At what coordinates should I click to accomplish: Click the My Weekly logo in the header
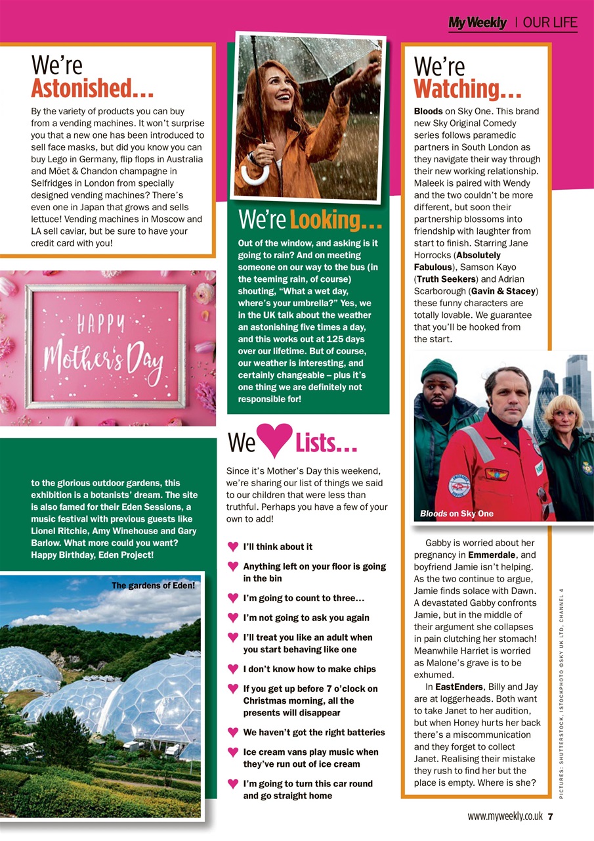477,23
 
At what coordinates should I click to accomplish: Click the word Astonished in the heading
92,88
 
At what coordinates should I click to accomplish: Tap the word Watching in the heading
467,88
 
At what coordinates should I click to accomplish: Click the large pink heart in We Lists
274,441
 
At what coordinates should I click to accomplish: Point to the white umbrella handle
255,175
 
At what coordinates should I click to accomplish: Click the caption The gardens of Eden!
154,585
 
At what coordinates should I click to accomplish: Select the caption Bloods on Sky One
456,513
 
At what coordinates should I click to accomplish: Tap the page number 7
551,817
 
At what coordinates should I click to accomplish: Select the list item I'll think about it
278,547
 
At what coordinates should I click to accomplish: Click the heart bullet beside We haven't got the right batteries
232,732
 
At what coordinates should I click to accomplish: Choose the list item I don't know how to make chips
309,669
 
